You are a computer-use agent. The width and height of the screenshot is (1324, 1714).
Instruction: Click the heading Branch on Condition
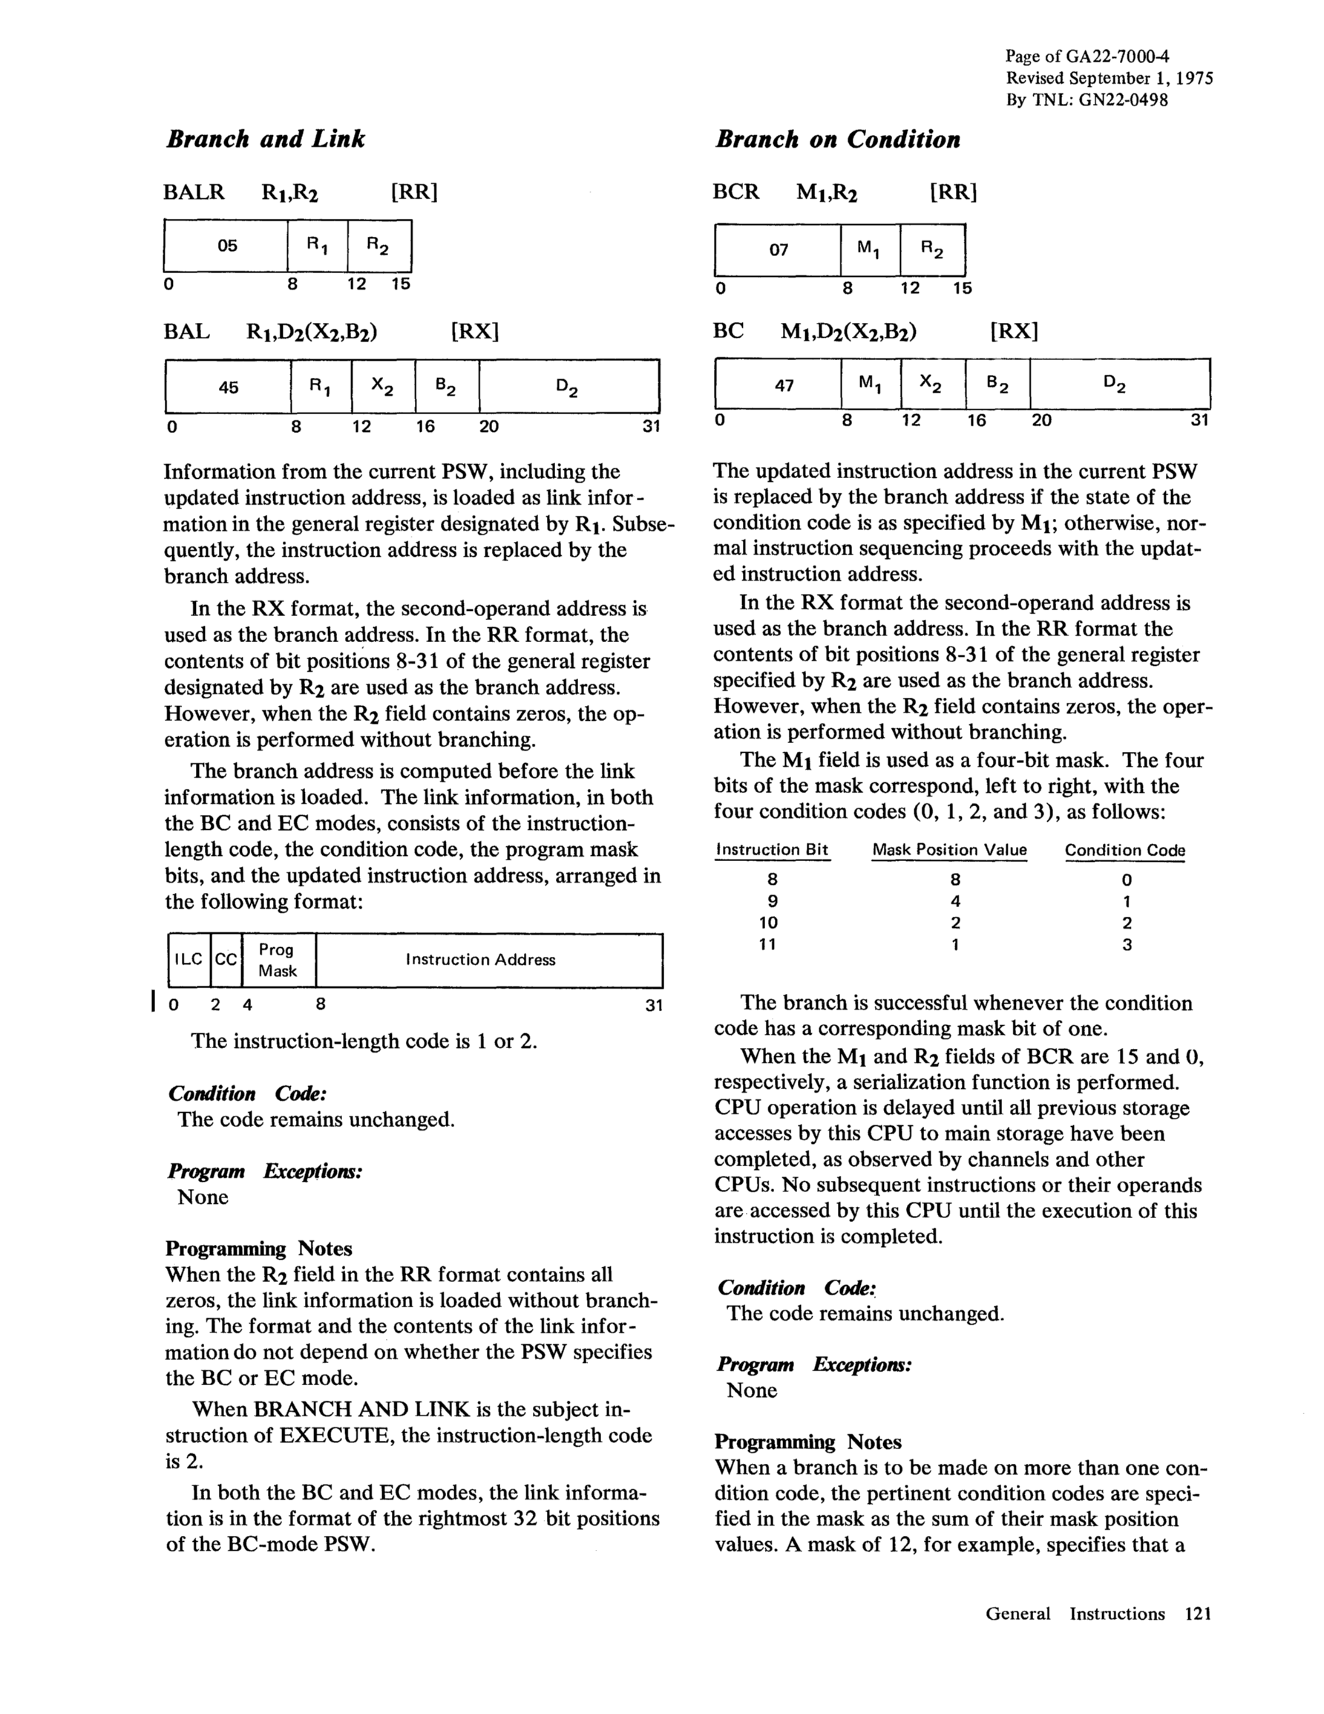(x=837, y=140)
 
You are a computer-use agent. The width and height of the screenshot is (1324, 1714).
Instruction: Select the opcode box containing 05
(x=227, y=246)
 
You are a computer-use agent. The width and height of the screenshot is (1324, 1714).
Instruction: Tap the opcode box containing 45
(x=229, y=387)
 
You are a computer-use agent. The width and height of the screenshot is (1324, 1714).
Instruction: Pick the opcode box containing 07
(x=778, y=250)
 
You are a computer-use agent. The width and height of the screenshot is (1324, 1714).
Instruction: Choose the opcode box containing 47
(x=783, y=385)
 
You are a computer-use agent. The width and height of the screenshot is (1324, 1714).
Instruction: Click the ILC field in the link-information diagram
(x=189, y=959)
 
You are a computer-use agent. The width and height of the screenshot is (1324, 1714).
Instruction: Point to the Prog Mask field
(x=278, y=960)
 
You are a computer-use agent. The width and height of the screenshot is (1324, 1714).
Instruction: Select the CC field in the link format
(x=226, y=959)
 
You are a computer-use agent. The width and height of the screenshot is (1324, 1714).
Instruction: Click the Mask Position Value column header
(x=949, y=850)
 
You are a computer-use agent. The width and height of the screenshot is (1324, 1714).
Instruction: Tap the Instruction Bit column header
(x=773, y=849)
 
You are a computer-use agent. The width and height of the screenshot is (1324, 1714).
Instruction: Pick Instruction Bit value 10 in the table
(x=767, y=923)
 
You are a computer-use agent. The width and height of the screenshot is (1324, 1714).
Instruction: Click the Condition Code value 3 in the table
(x=1127, y=945)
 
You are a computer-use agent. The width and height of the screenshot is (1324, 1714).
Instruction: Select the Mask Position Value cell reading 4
(x=955, y=901)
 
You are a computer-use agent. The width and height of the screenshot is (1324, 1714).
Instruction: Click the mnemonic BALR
(x=194, y=192)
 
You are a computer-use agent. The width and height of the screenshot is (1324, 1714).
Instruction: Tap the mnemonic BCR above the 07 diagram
(x=735, y=192)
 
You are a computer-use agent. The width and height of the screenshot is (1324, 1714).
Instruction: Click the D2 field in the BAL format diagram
(x=567, y=387)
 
